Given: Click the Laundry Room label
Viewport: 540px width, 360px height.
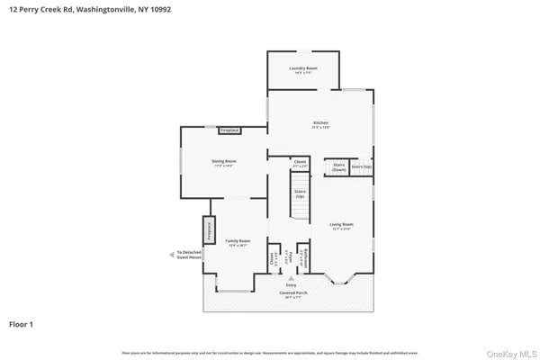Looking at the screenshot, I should click(303, 70).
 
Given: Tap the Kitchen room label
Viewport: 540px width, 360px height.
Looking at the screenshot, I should click(320, 123).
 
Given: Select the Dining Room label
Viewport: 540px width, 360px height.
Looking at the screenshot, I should click(223, 164).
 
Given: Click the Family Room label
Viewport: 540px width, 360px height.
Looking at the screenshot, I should click(238, 243).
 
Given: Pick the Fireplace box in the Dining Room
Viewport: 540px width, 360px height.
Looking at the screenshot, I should click(229, 130).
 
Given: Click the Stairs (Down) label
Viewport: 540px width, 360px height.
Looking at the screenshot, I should click(339, 167).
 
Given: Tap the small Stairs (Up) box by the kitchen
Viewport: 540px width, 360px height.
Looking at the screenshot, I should click(362, 167).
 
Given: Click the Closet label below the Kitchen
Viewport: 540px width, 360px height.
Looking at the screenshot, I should click(301, 165).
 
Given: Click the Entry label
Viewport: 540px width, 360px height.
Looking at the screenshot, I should click(291, 285).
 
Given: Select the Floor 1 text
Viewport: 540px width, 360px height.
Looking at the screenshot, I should click(22, 323).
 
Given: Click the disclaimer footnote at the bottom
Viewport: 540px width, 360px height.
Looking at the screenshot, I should click(270, 352).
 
